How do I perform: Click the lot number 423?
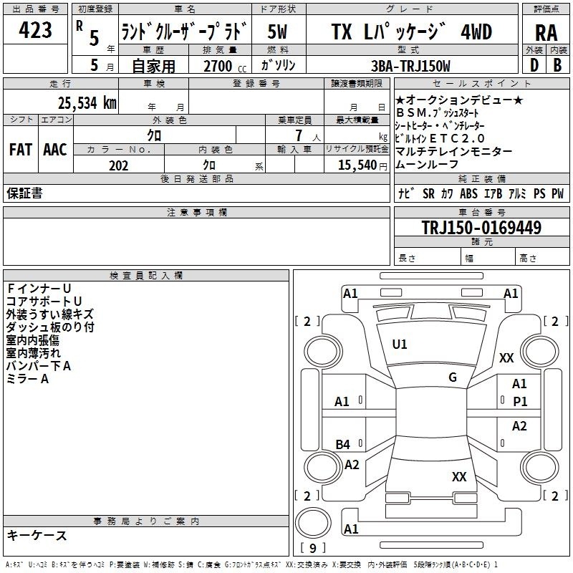click(x=35, y=29)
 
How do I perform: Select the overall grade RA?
click(x=546, y=33)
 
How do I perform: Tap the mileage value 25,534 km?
click(x=87, y=103)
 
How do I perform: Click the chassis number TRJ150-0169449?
click(x=481, y=227)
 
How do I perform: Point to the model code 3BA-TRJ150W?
click(x=410, y=66)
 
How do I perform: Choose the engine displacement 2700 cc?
click(x=225, y=66)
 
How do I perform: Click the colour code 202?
click(x=118, y=165)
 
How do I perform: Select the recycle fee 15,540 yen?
click(x=362, y=165)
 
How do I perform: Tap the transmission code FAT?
click(x=21, y=150)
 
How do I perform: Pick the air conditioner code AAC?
click(x=55, y=150)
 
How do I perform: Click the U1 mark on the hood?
click(x=400, y=345)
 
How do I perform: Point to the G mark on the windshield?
click(x=453, y=377)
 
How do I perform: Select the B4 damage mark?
click(x=343, y=444)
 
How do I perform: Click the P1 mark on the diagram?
click(x=520, y=402)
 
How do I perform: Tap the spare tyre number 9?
click(x=312, y=548)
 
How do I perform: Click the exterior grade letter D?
click(x=534, y=65)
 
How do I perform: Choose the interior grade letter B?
click(x=557, y=65)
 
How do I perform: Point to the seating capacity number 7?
click(x=299, y=135)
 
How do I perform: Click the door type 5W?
click(x=277, y=32)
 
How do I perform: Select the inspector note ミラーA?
click(x=27, y=379)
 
